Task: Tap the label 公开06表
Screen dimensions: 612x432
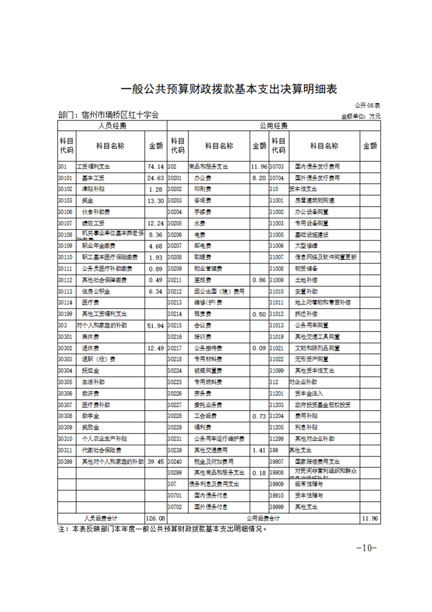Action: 368,105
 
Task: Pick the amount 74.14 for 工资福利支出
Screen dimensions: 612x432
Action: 155,166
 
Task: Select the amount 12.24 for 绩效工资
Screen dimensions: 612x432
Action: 155,223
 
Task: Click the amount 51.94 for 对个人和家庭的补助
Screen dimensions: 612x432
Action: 155,325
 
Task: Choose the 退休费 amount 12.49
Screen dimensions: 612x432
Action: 155,348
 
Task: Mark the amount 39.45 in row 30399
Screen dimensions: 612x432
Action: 155,461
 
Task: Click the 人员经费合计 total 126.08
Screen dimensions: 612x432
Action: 155,518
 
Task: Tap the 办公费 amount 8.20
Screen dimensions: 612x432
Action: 258,178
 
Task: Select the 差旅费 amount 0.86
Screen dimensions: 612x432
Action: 258,280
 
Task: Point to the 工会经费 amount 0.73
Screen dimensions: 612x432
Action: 258,416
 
